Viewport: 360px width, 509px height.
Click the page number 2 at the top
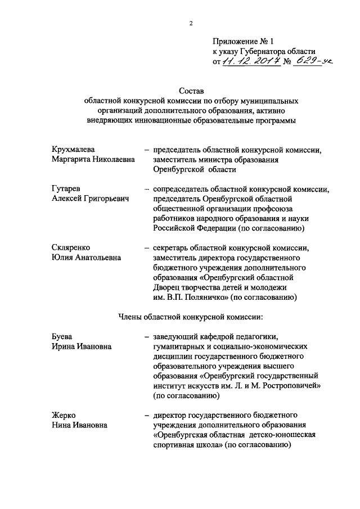point(191,24)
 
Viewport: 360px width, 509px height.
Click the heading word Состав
point(191,89)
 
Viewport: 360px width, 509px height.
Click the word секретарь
point(173,247)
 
